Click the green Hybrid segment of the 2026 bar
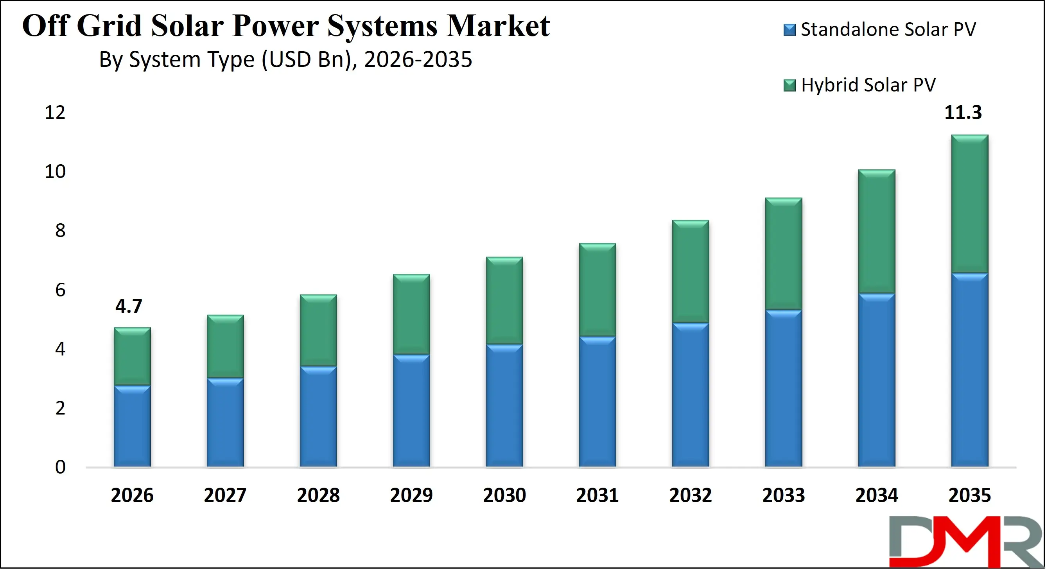132,356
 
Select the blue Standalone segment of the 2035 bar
970,370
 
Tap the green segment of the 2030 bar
504,301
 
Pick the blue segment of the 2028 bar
318,416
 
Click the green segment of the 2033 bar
783,254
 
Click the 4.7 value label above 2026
129,306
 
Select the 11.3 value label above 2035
963,113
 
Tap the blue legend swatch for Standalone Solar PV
789,30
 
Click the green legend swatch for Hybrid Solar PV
789,86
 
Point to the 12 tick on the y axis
55,113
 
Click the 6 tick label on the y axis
60,290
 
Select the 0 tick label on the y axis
60,467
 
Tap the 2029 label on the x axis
411,495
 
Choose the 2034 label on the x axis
877,495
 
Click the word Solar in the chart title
187,26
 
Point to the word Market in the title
498,26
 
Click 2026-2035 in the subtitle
418,60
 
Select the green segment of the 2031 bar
597,289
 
